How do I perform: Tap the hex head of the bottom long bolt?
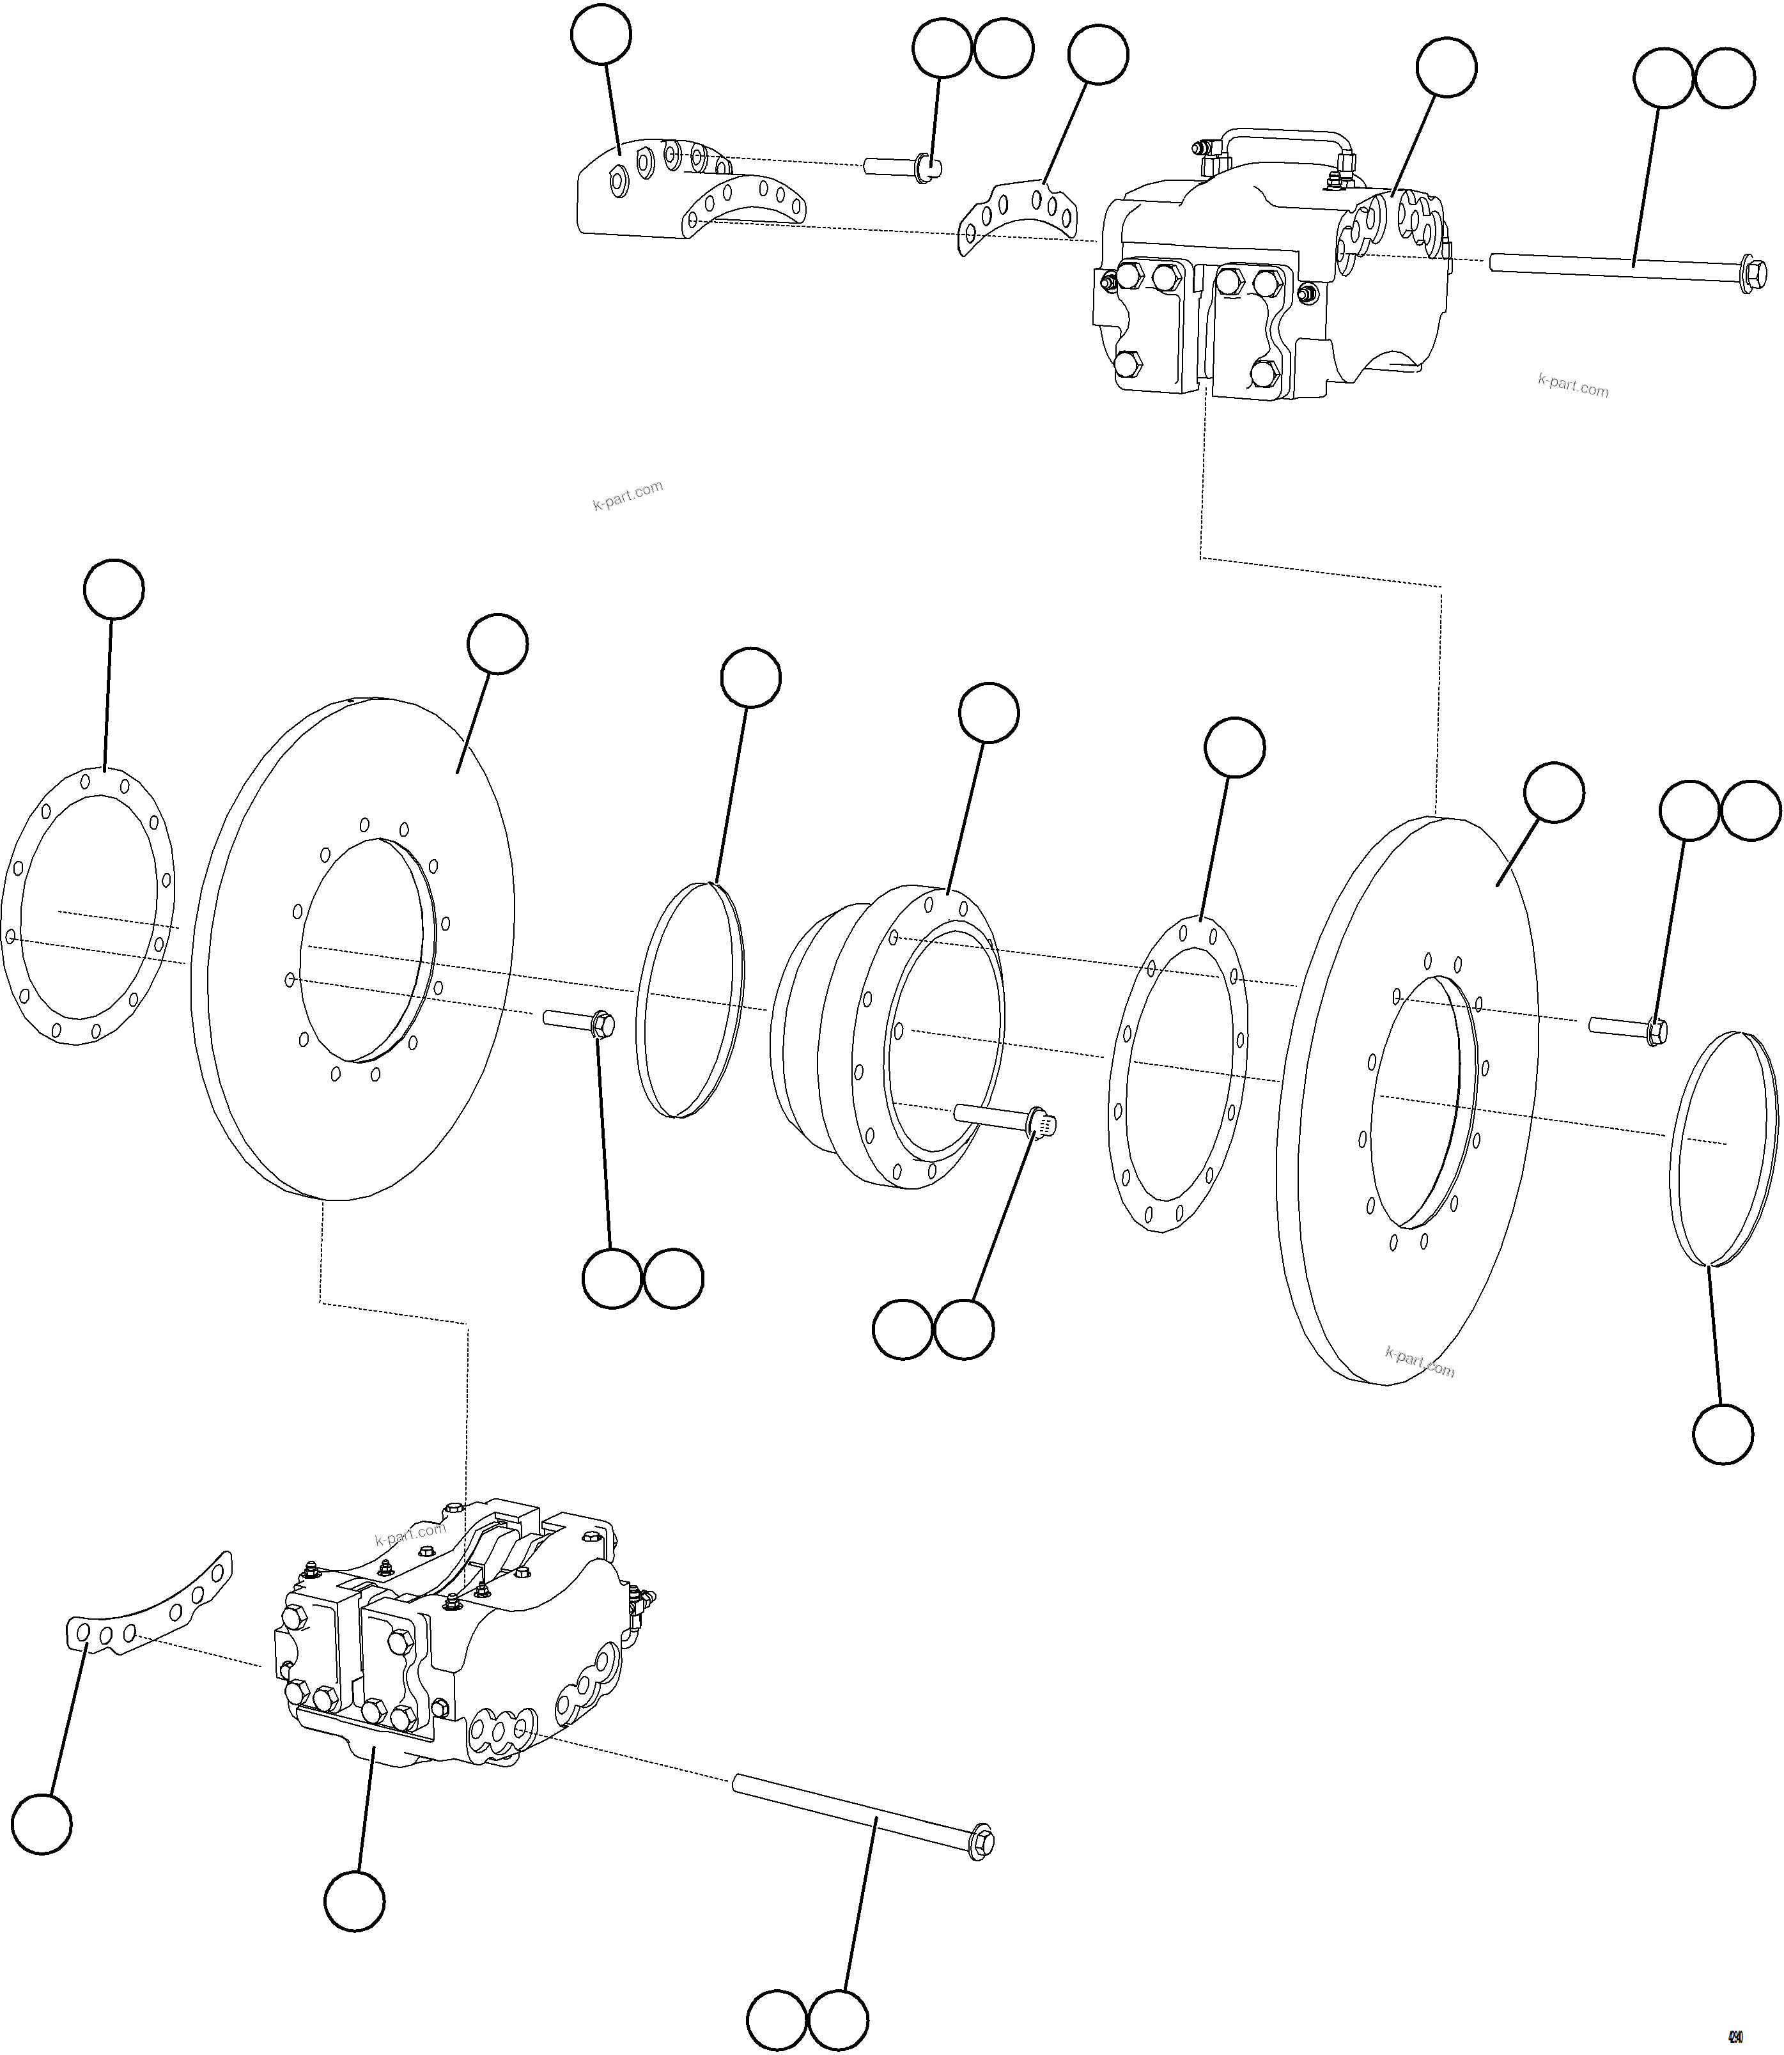click(x=982, y=1843)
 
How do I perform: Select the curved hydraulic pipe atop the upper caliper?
click(x=1279, y=136)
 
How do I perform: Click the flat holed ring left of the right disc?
click(x=1177, y=1075)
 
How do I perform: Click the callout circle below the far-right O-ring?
click(x=1722, y=1434)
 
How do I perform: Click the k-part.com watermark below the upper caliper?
click(x=1573, y=385)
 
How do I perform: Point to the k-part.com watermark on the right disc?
click(x=1420, y=1362)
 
